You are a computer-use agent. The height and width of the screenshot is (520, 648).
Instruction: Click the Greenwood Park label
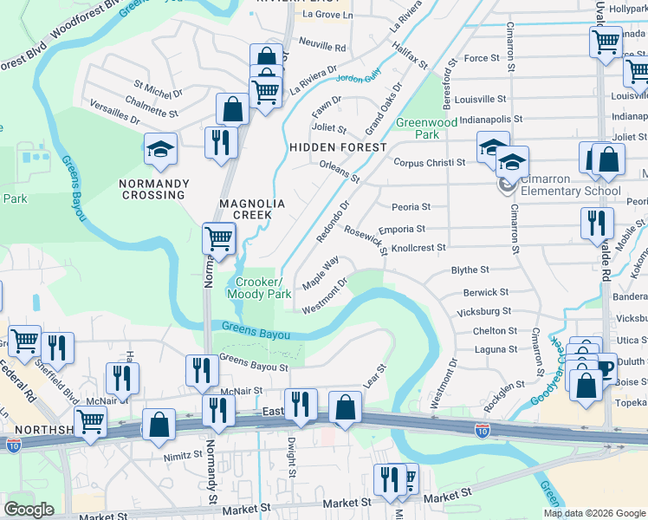426,128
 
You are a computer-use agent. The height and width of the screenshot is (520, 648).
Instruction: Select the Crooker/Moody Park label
259,288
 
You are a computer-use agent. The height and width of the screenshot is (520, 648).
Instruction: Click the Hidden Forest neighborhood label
337,147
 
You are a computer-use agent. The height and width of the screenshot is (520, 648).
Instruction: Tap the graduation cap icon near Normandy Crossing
160,151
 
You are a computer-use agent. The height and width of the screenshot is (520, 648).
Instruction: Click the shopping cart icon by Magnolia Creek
219,238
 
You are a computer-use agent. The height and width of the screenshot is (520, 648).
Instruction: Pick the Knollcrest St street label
418,248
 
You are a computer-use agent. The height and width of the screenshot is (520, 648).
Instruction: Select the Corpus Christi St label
431,162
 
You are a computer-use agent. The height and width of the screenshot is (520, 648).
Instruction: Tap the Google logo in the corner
29,510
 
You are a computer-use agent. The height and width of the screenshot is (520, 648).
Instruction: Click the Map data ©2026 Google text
594,513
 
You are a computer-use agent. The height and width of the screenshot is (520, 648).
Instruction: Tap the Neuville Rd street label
322,47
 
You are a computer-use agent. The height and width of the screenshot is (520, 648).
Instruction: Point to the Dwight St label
292,460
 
